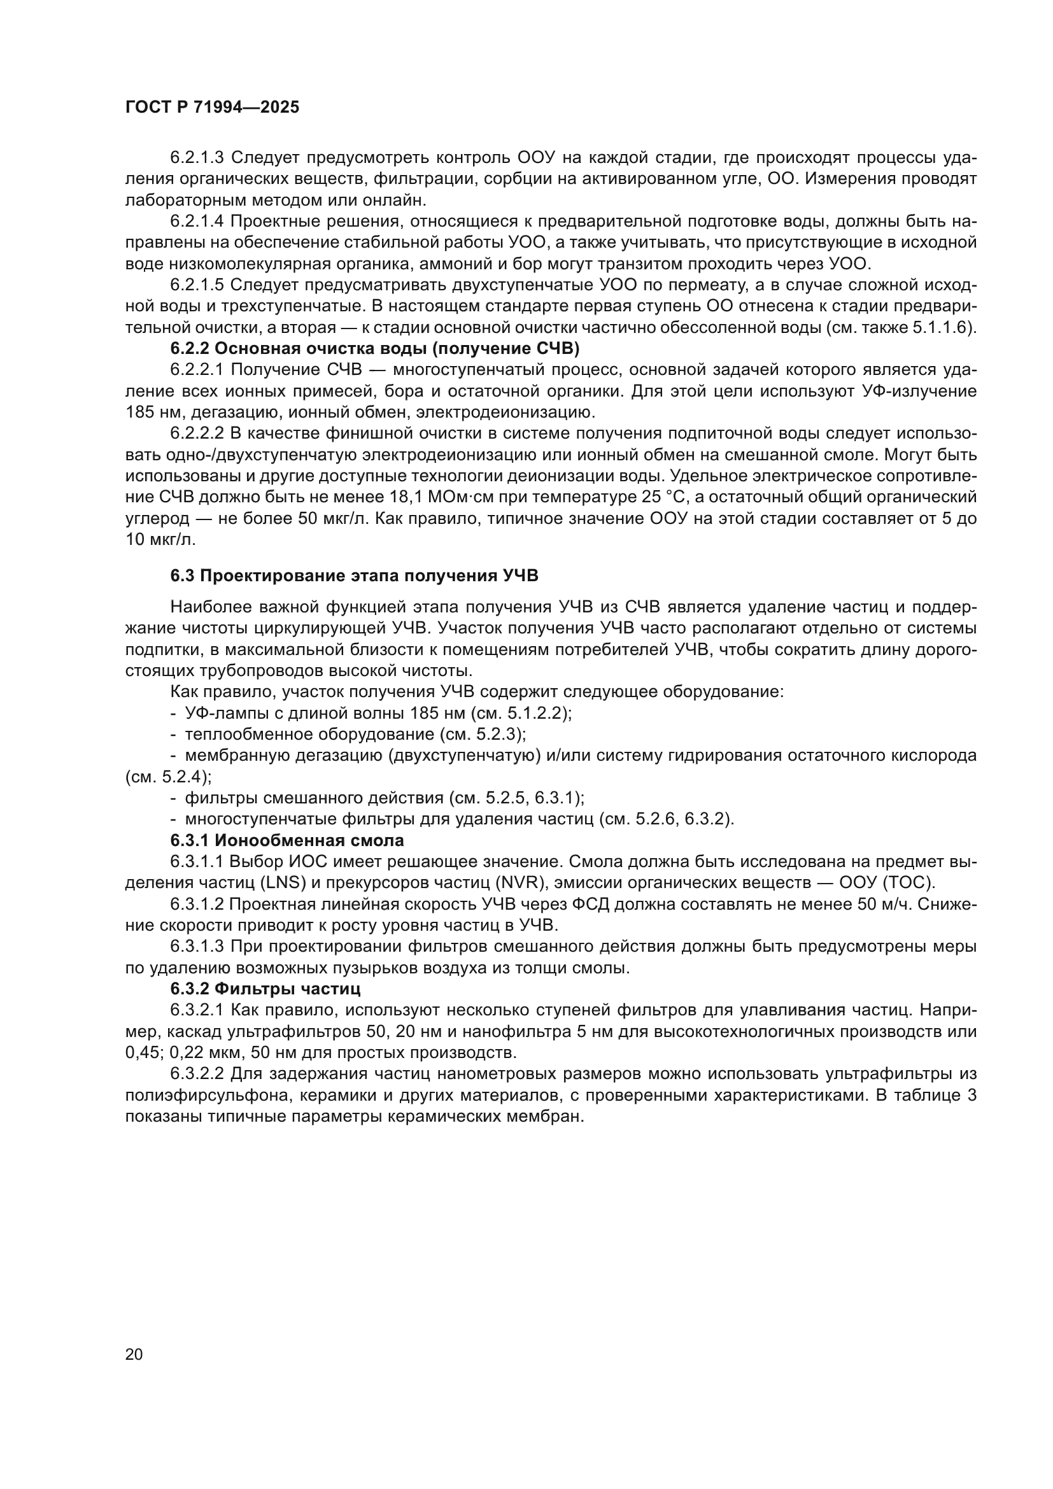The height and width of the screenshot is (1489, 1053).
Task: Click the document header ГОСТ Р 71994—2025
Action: click(x=212, y=108)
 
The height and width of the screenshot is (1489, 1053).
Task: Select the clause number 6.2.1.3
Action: click(x=197, y=158)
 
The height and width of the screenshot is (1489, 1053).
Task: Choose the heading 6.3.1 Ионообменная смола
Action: click(x=287, y=840)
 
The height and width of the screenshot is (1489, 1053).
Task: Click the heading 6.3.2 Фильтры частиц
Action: click(x=266, y=989)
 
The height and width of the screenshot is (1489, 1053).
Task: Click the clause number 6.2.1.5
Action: click(x=197, y=285)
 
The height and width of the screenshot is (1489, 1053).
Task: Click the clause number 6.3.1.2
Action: click(x=197, y=904)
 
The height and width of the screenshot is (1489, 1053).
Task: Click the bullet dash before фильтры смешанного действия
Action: click(x=173, y=798)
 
